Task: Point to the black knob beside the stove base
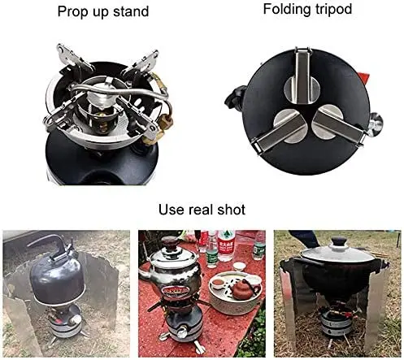233,97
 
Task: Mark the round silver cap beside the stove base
376,124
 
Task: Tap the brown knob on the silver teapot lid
169,242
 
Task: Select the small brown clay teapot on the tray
243,289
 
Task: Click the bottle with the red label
226,245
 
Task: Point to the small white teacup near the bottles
239,267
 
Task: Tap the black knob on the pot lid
339,241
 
